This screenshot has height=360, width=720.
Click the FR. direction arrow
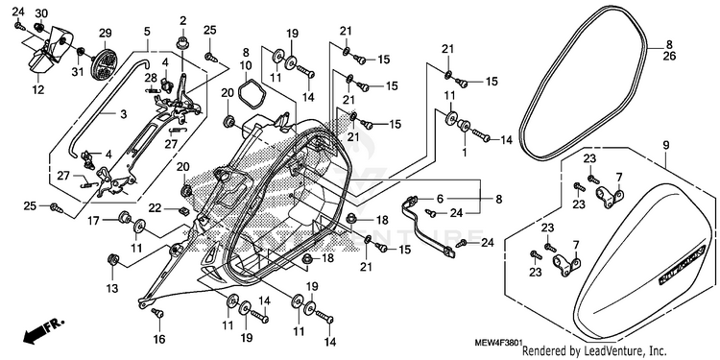pos(43,331)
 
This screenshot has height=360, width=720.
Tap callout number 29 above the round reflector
pos(106,33)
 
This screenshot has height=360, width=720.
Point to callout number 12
pos(39,90)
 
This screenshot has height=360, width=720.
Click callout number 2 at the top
pos(182,20)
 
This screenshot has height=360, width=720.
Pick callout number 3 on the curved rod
pos(123,114)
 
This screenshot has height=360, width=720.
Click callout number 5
pos(147,32)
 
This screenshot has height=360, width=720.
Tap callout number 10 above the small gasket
pos(246,64)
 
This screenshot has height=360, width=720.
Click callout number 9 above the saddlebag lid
pos(665,146)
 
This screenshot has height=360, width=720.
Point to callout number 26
pos(669,57)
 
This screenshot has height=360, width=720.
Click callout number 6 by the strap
pos(441,199)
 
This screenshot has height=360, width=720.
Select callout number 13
pos(112,288)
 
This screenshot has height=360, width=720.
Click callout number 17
pos(94,221)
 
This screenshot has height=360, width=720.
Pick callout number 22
pos(155,208)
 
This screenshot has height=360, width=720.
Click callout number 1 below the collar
pos(465,152)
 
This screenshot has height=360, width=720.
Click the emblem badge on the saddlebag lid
pos(682,265)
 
